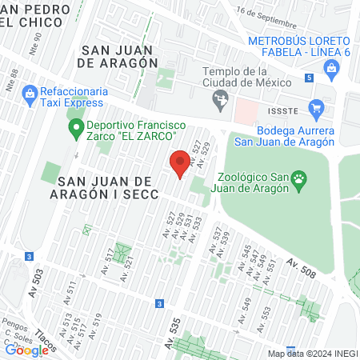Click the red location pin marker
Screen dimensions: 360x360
(x=180, y=166)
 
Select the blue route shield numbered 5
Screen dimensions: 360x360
(x=309, y=78)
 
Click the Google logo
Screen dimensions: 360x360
(x=26, y=350)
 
